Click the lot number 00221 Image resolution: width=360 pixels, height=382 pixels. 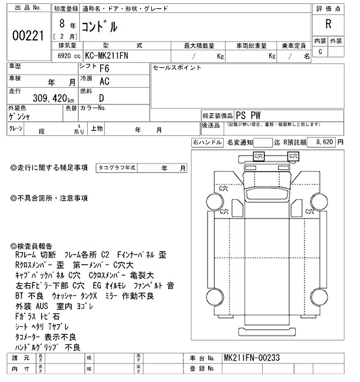click(x=28, y=35)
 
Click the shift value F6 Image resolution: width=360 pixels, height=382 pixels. click(x=105, y=70)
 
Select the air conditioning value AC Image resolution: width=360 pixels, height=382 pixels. click(x=105, y=82)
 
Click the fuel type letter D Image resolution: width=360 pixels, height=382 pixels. click(x=102, y=97)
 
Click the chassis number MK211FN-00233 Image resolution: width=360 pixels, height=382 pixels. click(x=252, y=358)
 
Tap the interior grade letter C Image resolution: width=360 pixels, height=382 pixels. click(x=320, y=52)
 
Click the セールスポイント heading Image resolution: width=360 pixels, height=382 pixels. click(x=177, y=67)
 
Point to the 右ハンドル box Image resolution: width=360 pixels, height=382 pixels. click(x=206, y=143)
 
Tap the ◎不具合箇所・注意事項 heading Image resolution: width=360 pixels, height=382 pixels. click(x=49, y=198)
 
